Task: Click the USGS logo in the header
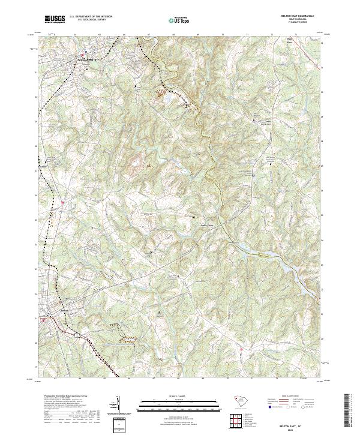(x=55, y=19)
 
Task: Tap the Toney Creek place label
(x=206, y=226)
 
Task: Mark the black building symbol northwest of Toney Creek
(x=193, y=216)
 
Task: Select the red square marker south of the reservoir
(x=242, y=350)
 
